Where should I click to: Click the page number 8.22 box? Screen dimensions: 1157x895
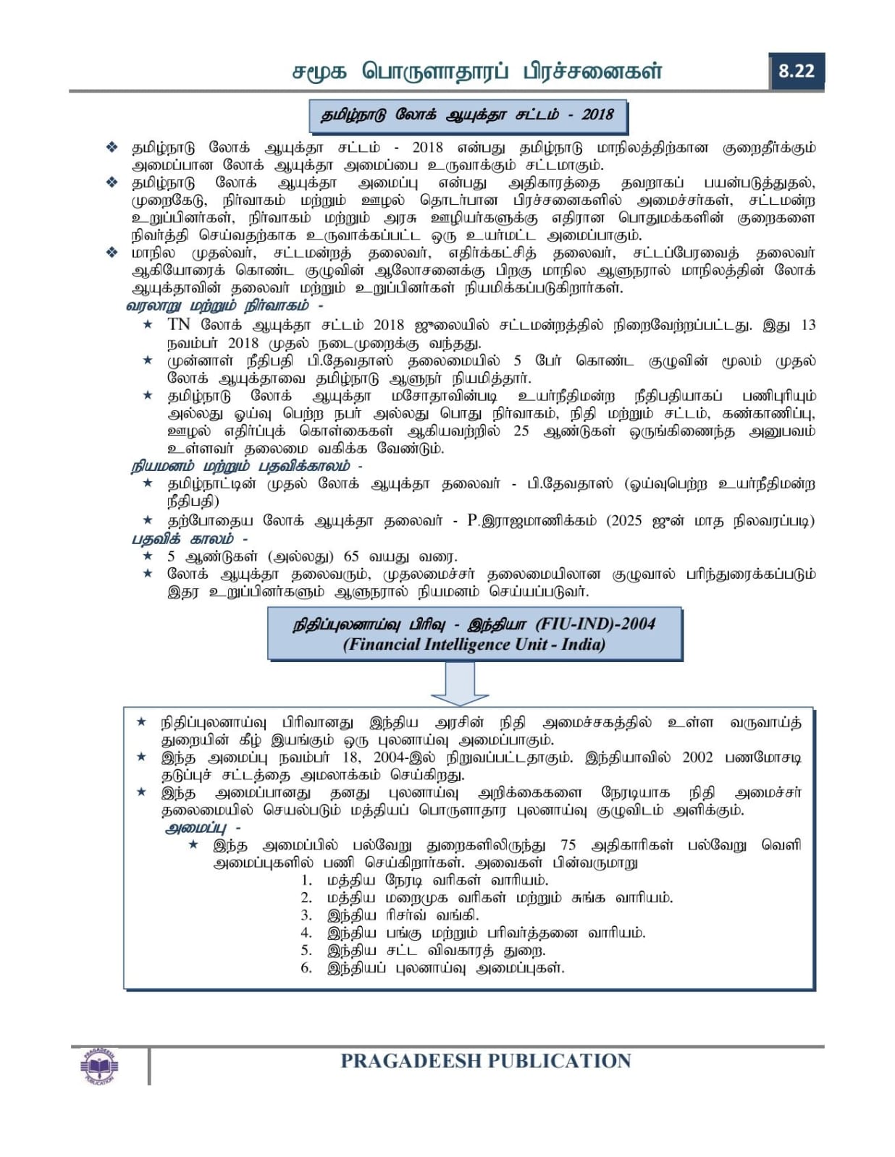(796, 71)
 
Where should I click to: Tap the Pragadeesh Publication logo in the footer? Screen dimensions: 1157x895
(99, 1065)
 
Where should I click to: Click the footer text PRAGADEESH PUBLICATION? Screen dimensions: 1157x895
(485, 1061)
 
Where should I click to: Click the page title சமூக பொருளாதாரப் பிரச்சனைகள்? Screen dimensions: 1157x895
(477, 72)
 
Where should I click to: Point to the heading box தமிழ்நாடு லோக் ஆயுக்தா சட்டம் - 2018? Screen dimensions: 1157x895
(468, 115)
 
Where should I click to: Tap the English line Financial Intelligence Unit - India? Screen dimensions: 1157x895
(474, 644)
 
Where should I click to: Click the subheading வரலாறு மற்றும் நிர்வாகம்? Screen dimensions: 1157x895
(217, 305)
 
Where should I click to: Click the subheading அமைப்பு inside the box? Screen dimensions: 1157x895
(196, 828)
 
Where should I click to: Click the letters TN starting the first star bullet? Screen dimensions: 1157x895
(179, 325)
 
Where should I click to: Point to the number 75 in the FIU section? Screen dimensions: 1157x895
(568, 845)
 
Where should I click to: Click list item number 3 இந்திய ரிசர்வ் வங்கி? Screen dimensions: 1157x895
(402, 915)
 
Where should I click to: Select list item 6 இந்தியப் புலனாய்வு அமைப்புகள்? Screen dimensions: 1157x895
(445, 968)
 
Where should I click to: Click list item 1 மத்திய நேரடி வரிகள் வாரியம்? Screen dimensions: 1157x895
(437, 881)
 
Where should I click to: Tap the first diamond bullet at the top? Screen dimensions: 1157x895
(112, 148)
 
